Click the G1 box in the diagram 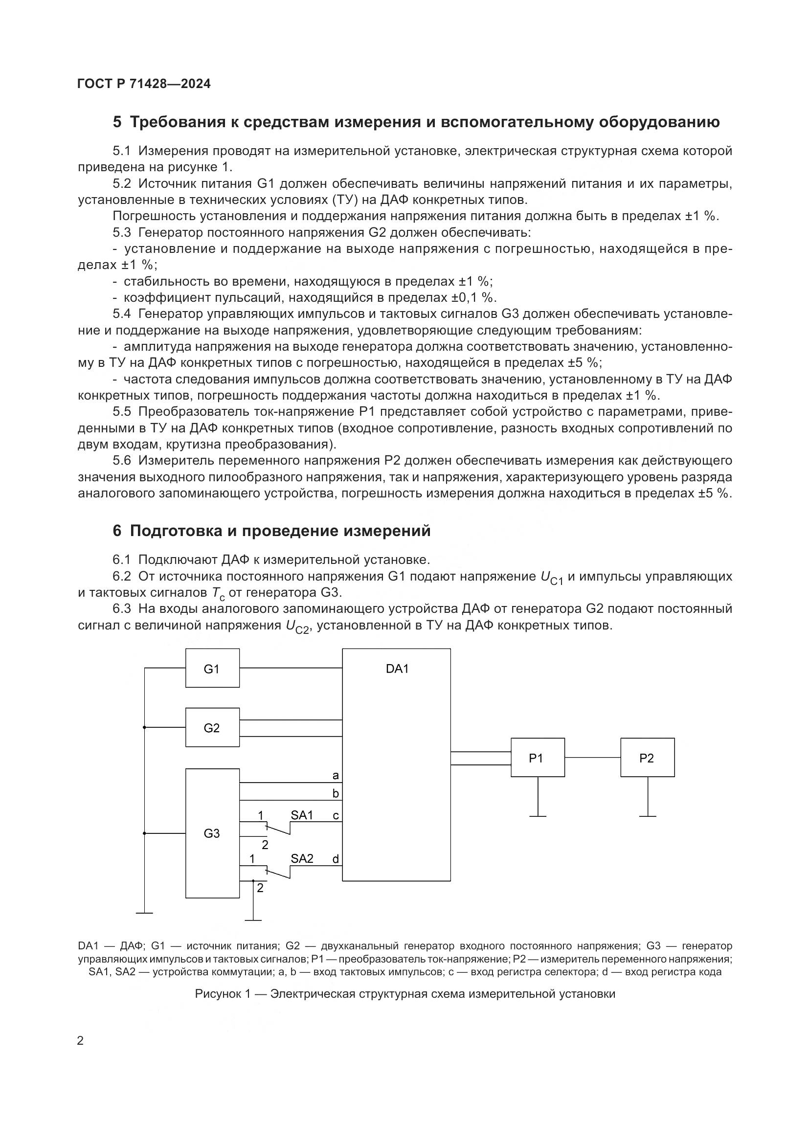tap(212, 668)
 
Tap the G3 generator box tap(212, 833)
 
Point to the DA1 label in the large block tap(397, 669)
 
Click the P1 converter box tap(538, 757)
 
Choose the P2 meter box tap(647, 757)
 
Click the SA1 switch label tap(302, 815)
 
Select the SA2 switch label tap(302, 858)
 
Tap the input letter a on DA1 tap(335, 775)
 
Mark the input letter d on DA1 tap(335, 858)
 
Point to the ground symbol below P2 tap(648, 816)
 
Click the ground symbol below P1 tap(538, 816)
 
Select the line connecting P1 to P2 tap(592, 757)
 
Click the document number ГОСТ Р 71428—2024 tap(144, 84)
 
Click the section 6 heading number tap(117, 531)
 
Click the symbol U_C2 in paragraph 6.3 tap(298, 627)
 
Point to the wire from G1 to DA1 tap(291, 668)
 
